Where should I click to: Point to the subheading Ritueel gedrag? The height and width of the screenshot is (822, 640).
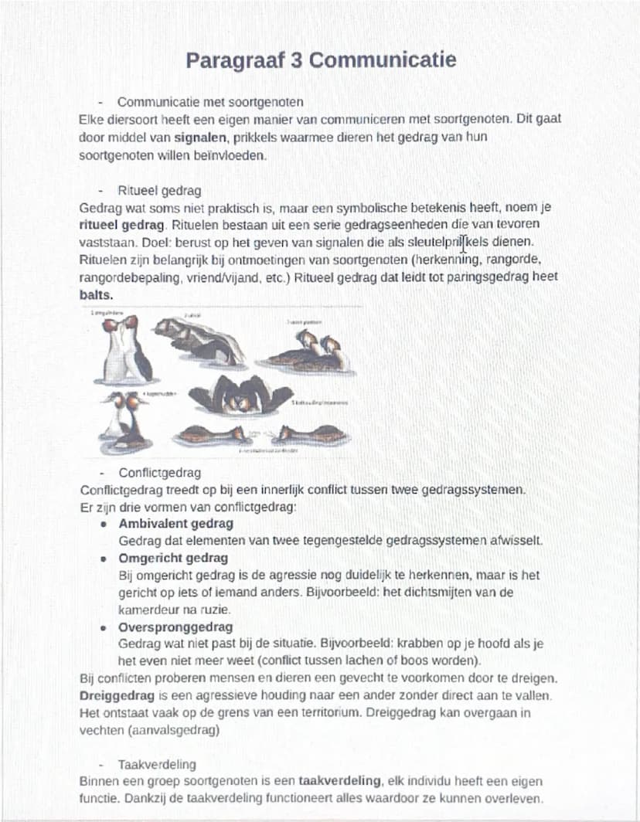[159, 190]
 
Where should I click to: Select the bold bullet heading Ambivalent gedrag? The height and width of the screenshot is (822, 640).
[176, 524]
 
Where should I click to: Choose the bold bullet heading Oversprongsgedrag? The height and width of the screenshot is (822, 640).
[175, 627]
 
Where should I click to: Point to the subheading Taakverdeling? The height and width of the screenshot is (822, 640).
[158, 765]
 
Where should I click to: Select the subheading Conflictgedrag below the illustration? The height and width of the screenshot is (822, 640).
[159, 473]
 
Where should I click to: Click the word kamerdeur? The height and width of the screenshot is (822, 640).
[151, 609]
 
